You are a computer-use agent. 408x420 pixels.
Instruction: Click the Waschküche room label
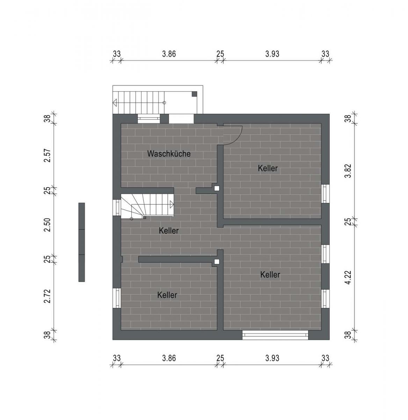(169, 153)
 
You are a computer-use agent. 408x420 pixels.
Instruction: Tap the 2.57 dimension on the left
(48, 155)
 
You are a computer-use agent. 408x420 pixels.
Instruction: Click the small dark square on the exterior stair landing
(194, 94)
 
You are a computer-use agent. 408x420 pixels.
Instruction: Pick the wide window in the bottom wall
(275, 335)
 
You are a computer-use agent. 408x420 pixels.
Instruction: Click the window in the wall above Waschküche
(149, 118)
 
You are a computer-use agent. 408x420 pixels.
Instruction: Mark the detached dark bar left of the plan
(82, 242)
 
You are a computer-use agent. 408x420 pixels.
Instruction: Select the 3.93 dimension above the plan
(272, 54)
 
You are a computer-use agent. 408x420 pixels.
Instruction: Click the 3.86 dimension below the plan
(169, 358)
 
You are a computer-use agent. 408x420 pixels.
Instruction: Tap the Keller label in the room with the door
(268, 168)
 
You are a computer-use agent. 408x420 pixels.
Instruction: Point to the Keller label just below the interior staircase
(169, 231)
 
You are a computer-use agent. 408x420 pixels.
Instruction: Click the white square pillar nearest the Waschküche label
(217, 188)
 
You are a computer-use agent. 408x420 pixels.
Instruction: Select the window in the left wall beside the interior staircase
(117, 208)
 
